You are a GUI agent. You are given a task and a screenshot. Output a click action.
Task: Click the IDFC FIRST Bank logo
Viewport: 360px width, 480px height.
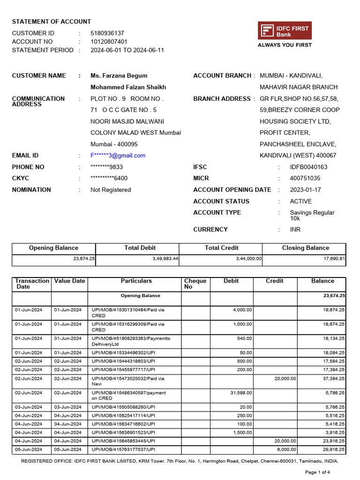285,31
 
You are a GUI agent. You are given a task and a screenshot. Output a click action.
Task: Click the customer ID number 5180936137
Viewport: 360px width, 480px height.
107,33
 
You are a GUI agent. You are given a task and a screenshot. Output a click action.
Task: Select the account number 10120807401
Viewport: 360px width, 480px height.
109,42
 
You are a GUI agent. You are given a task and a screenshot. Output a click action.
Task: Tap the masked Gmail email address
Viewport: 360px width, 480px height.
118,156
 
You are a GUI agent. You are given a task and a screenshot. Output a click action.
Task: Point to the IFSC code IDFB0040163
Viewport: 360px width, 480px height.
308,167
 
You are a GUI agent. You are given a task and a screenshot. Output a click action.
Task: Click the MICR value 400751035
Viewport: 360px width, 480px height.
305,178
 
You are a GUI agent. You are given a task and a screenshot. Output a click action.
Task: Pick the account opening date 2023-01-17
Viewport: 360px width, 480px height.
306,190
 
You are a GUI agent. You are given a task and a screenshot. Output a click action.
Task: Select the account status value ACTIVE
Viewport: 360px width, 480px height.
300,201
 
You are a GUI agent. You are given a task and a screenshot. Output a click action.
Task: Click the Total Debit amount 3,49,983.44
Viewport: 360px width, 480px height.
165,258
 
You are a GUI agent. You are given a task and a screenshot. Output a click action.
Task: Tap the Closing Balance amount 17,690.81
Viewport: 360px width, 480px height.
332,258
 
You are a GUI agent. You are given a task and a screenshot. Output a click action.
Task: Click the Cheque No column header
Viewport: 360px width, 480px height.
195,284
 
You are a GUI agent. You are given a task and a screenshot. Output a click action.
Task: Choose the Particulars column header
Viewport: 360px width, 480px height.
136,281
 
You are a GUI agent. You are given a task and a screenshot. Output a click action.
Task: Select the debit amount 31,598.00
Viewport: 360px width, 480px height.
240,393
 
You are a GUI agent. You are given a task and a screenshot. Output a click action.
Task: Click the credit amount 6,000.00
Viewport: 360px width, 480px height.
285,449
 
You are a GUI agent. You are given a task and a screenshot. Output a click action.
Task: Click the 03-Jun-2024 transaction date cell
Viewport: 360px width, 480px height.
29,407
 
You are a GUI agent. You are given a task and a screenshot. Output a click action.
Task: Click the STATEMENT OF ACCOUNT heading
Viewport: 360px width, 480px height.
52,22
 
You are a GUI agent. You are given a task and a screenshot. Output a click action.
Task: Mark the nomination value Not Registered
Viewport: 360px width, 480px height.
111,190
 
